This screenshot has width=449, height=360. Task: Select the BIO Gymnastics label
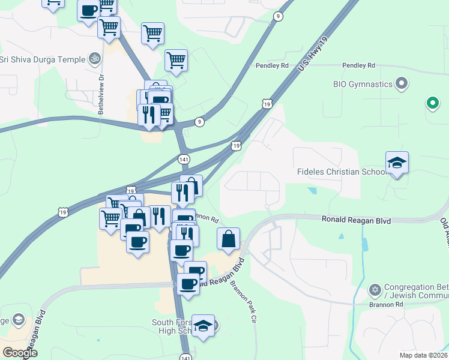363,84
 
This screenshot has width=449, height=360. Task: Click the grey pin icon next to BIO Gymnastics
402,84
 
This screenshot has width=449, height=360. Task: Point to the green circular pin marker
432,103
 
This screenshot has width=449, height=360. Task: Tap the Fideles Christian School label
341,172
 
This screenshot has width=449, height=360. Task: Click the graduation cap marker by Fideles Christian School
397,164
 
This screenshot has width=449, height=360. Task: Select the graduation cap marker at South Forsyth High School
203,326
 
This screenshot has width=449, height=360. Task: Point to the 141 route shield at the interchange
184,159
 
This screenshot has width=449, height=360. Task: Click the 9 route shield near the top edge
277,17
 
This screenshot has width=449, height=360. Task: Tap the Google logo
20,353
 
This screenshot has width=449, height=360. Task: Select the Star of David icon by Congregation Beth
375,291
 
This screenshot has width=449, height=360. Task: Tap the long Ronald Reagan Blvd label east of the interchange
356,221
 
